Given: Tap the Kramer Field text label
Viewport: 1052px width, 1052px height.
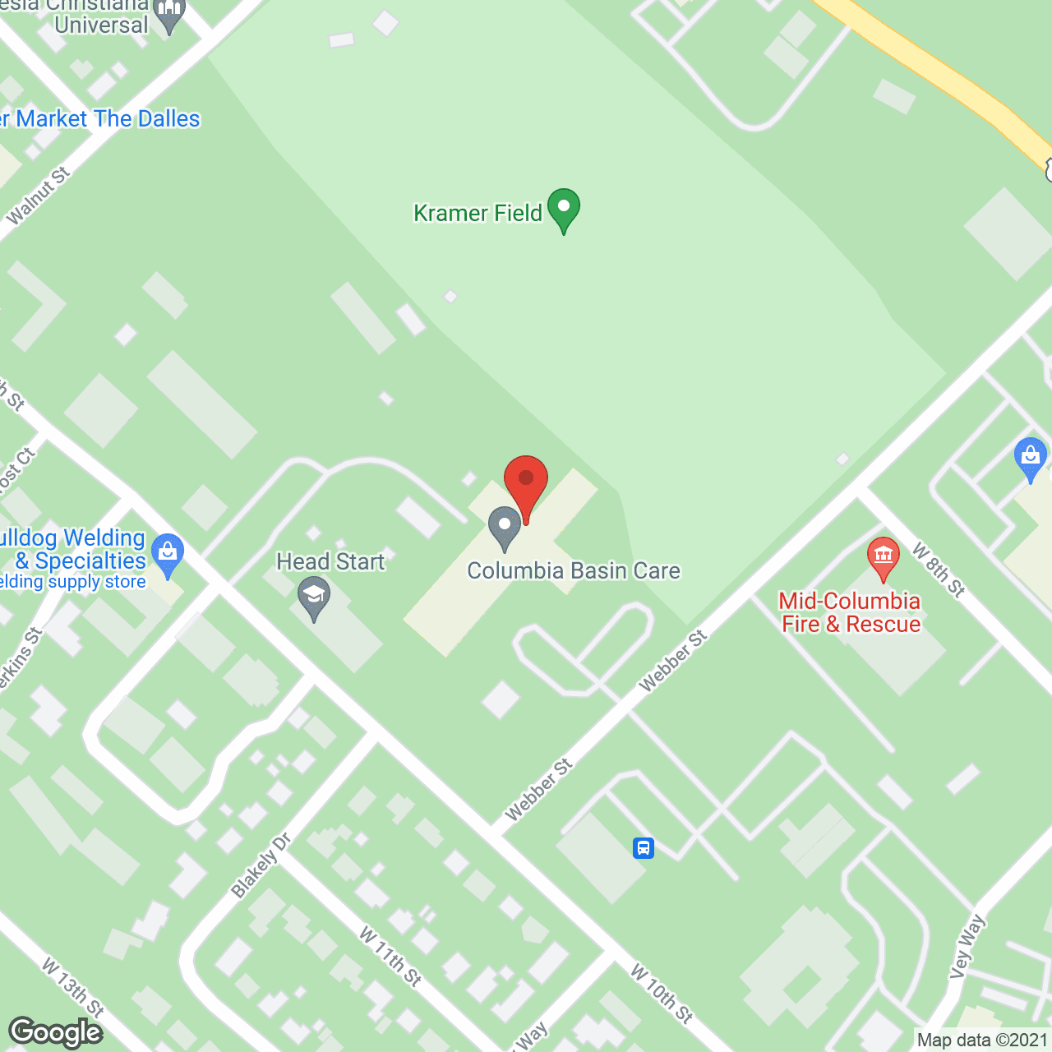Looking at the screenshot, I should [x=478, y=214].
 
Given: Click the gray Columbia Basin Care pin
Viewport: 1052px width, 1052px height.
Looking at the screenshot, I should [x=505, y=528].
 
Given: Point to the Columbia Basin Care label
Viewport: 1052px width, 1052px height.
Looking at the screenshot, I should [x=574, y=571].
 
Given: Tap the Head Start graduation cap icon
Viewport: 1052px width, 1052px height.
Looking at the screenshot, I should [x=313, y=598].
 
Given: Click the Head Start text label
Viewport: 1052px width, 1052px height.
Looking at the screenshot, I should [x=330, y=561].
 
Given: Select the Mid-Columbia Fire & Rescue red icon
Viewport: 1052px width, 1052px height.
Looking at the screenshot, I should [x=883, y=558].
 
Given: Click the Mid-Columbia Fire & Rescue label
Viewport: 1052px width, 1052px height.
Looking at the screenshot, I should [x=850, y=612].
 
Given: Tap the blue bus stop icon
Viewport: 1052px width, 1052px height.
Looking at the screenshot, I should [x=644, y=847].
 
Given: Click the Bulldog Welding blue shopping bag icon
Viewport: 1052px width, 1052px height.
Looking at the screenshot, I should [x=168, y=555].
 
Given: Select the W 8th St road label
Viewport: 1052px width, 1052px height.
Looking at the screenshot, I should [x=939, y=569].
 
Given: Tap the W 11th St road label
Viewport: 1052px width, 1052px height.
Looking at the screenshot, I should [x=390, y=956].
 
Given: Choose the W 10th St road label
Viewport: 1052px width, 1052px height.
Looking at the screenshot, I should [x=662, y=994].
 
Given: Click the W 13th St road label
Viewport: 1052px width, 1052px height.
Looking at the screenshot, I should [x=73, y=986].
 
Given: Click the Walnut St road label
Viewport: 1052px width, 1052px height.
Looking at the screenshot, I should [x=39, y=196].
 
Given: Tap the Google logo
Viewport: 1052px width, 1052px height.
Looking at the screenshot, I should [x=56, y=1032].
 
